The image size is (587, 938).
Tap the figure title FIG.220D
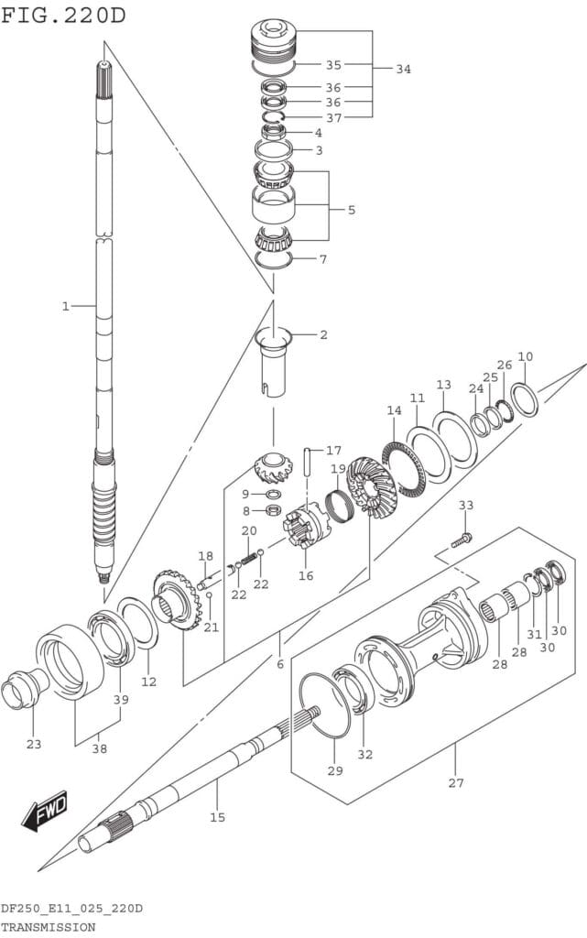tap(64, 16)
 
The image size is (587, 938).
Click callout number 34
tap(403, 69)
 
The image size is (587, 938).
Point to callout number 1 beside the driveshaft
tap(65, 306)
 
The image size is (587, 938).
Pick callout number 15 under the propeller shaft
tap(217, 815)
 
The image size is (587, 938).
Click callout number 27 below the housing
tap(456, 782)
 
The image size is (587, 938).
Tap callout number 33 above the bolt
tap(466, 505)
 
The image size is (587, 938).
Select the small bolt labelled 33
tap(463, 540)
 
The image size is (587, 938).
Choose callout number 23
tap(34, 744)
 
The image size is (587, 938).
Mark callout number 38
tap(99, 748)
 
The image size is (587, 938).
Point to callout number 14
tap(394, 411)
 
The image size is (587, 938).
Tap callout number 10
tap(525, 356)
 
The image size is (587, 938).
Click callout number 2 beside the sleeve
tap(323, 334)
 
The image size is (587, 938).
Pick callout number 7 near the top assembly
tap(322, 259)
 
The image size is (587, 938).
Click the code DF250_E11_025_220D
tap(71, 909)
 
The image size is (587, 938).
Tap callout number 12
tap(148, 681)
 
